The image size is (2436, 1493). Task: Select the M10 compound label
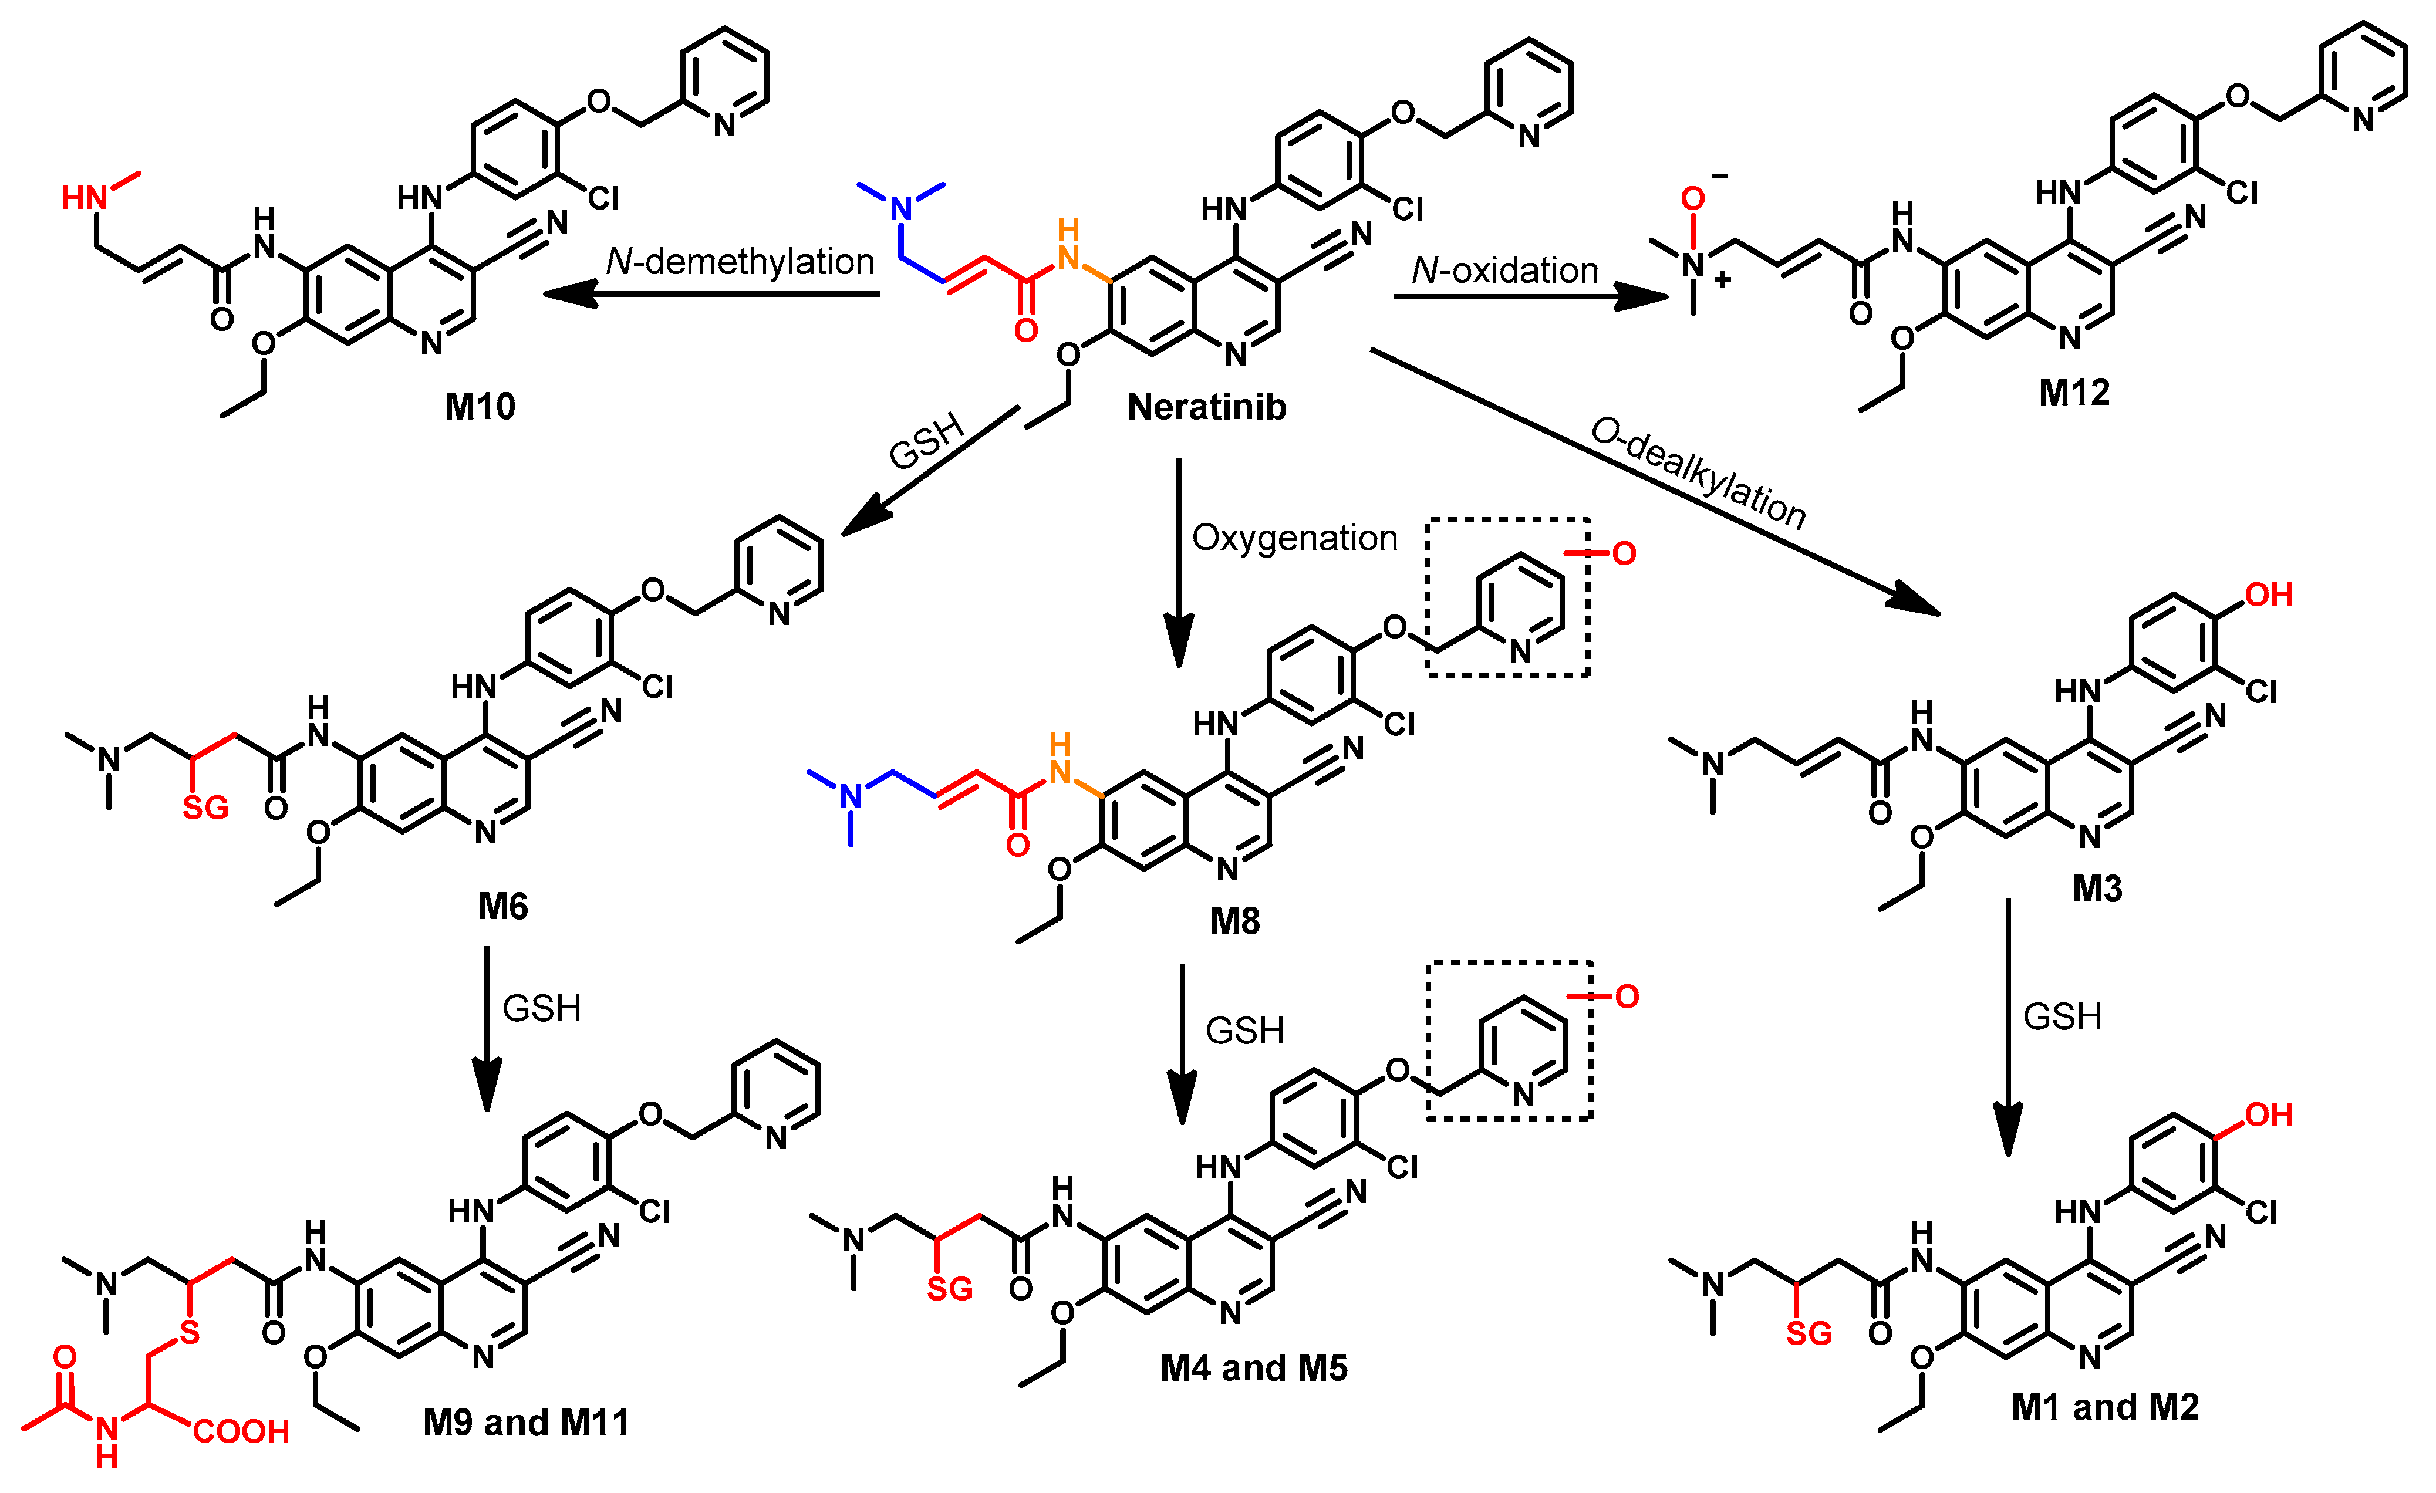pyautogui.click(x=481, y=406)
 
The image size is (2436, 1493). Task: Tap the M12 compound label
pyautogui.click(x=2074, y=393)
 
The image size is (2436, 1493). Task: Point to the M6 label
pyautogui.click(x=503, y=906)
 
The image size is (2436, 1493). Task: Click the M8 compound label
pyautogui.click(x=1235, y=921)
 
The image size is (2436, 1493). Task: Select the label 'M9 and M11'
pyautogui.click(x=526, y=1422)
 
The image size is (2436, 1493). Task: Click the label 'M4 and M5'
pyautogui.click(x=1254, y=1367)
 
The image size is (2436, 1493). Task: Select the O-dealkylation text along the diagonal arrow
pyautogui.click(x=1698, y=472)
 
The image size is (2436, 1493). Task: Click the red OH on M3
pyautogui.click(x=2268, y=595)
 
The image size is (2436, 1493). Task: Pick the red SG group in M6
pyautogui.click(x=205, y=808)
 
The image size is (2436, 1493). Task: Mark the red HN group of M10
pyautogui.click(x=85, y=198)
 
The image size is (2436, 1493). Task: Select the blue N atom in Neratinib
pyautogui.click(x=900, y=208)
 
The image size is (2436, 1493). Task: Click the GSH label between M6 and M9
pyautogui.click(x=541, y=1008)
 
